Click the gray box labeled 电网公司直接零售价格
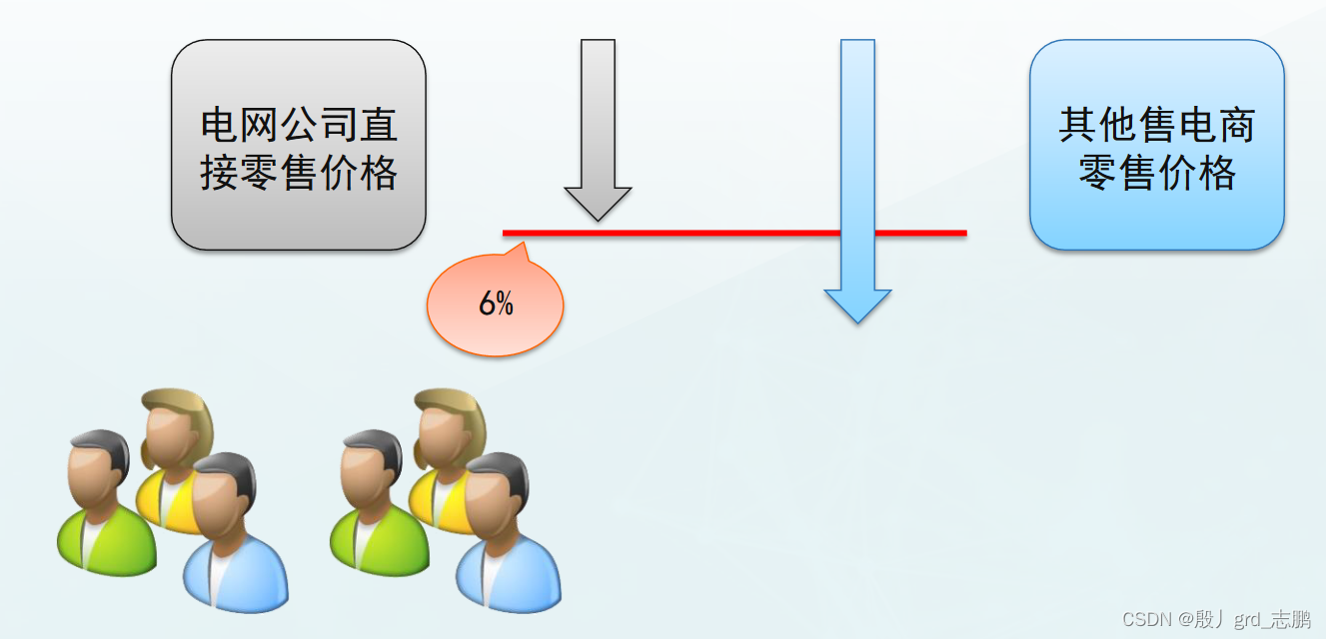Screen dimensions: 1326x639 click(x=298, y=146)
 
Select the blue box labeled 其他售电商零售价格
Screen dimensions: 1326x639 click(x=1156, y=146)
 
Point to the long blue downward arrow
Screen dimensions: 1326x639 click(x=857, y=150)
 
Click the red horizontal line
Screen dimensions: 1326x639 click(x=699, y=234)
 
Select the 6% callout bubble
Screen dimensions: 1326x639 click(x=496, y=306)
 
